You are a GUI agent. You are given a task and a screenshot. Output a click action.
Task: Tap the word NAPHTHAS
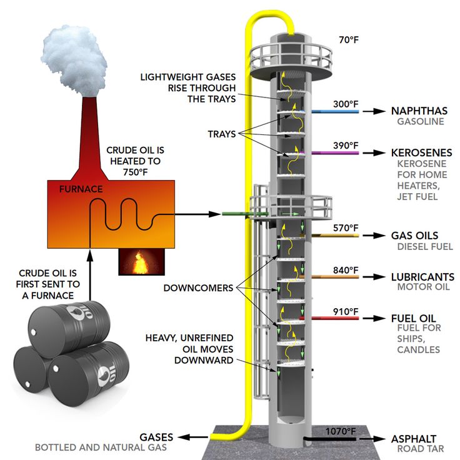pyautogui.click(x=419, y=111)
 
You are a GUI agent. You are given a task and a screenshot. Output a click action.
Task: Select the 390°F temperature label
pyautogui.click(x=346, y=146)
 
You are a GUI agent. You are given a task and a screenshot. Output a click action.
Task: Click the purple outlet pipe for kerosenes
pyautogui.click(x=337, y=152)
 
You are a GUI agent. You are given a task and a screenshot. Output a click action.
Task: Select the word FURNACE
pyautogui.click(x=81, y=188)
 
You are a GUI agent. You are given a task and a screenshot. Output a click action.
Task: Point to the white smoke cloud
pyautogui.click(x=74, y=56)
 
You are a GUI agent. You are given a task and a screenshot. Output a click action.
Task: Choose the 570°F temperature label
pyautogui.click(x=346, y=228)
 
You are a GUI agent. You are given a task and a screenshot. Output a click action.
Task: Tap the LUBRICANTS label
pyautogui.click(x=422, y=276)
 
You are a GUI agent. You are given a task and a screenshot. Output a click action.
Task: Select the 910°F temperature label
pyautogui.click(x=346, y=311)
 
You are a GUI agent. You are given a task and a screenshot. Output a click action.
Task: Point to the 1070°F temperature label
pyautogui.click(x=341, y=431)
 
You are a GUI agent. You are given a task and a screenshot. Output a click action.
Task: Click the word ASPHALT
pyautogui.click(x=414, y=439)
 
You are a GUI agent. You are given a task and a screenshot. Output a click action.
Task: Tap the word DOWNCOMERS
pyautogui.click(x=197, y=288)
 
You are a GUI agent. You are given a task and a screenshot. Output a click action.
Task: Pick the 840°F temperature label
pyautogui.click(x=346, y=270)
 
